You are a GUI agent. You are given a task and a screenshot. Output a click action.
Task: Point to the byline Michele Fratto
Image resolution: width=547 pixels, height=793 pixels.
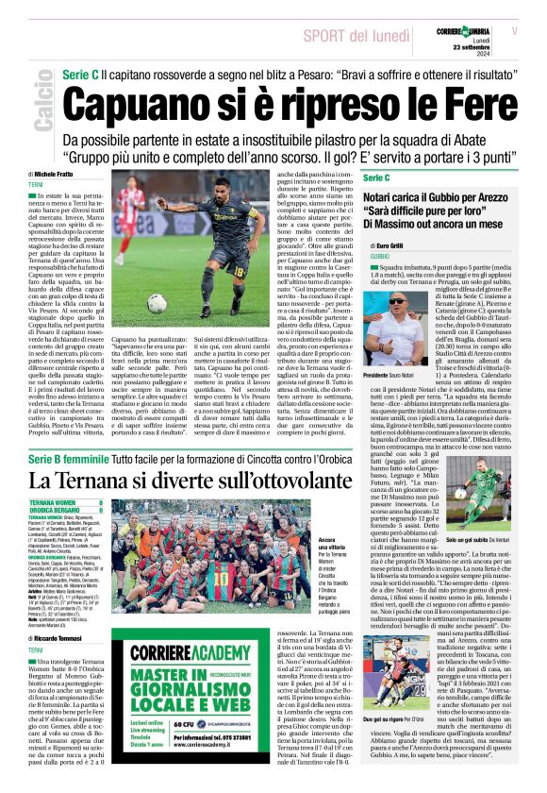(x=56, y=175)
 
